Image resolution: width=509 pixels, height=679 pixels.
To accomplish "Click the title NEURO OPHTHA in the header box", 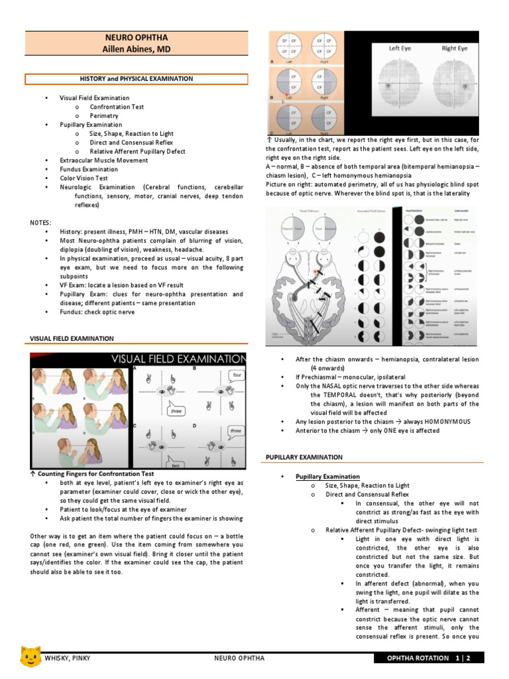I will [137, 38].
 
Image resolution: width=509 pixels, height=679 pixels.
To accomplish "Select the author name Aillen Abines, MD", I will [137, 49].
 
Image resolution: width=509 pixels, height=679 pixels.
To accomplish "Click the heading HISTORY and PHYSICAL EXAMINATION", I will [137, 79].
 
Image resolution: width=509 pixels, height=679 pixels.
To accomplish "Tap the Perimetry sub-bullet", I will [104, 116].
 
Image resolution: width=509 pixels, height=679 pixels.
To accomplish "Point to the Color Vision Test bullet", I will [84, 178].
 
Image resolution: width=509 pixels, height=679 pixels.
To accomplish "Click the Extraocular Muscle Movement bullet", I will [103, 160].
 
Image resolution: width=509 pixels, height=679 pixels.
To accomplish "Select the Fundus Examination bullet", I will [89, 170].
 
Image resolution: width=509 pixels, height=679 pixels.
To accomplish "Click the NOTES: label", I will [41, 223].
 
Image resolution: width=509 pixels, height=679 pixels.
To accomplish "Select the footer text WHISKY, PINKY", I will [68, 658].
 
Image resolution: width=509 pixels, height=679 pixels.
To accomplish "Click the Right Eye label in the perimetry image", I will [454, 48].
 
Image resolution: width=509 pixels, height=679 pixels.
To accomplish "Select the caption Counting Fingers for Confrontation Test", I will [95, 474].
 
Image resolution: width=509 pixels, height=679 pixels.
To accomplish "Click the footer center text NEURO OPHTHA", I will [239, 658].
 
